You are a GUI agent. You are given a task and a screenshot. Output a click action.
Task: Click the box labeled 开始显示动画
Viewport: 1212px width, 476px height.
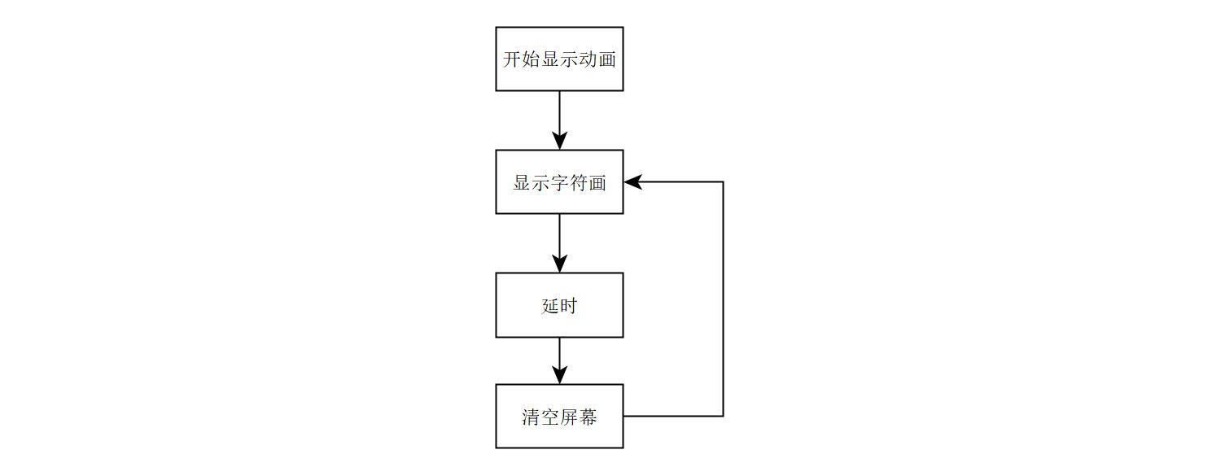coord(559,59)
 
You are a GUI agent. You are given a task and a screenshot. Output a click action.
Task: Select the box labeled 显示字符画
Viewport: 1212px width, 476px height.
coord(559,181)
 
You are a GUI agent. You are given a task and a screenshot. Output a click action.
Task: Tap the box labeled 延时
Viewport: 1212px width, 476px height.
coord(559,305)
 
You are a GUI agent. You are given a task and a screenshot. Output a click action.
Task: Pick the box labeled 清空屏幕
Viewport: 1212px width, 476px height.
coord(559,416)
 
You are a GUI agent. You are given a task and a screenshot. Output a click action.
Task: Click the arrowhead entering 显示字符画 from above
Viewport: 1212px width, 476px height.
coord(559,140)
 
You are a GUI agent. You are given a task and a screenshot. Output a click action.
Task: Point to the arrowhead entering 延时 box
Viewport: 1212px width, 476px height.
coord(559,263)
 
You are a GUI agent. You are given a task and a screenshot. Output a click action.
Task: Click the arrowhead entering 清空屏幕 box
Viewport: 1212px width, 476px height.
coord(559,374)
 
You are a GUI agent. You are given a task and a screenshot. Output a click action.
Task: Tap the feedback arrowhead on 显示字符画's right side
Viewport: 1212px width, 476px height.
coord(633,181)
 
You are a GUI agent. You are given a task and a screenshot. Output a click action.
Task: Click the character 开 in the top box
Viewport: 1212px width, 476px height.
coord(513,59)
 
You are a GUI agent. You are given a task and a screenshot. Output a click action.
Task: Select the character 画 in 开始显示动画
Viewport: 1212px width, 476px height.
coord(606,59)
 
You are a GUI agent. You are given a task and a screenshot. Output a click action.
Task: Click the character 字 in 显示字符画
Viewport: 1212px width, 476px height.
coord(559,182)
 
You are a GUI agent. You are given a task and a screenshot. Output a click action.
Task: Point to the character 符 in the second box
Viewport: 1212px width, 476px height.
coord(579,182)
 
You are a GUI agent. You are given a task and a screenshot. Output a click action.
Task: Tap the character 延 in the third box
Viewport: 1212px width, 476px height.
coord(549,306)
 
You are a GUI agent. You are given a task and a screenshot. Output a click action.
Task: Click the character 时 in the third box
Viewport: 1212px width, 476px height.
coord(569,306)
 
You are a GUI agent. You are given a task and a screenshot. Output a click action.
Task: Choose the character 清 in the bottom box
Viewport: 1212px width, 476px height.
coord(532,417)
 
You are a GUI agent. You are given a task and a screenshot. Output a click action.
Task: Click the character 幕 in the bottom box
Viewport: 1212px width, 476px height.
coord(588,417)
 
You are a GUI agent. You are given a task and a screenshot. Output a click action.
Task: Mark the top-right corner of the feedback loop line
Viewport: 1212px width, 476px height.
coord(723,181)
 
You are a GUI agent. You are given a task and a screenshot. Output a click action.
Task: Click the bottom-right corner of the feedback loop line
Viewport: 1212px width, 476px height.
coord(723,416)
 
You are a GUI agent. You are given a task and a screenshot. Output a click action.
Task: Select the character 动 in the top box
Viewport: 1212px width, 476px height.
coord(588,59)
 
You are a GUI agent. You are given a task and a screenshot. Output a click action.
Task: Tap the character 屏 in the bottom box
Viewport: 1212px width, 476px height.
coord(569,417)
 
